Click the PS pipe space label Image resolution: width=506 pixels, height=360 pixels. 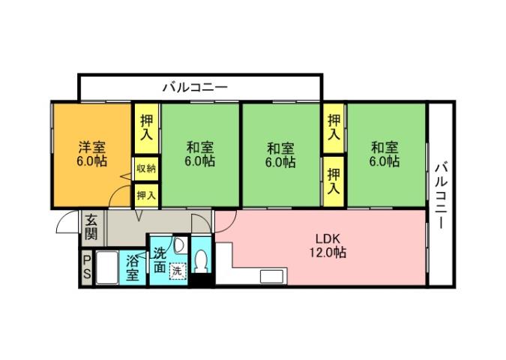click(x=87, y=267)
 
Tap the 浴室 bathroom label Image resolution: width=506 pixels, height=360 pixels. click(x=133, y=268)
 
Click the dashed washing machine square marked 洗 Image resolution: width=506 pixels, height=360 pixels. click(x=177, y=269)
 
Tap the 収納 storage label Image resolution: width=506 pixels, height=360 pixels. click(x=145, y=169)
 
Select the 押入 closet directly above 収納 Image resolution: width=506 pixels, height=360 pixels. click(x=145, y=128)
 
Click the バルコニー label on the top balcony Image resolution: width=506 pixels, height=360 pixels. click(x=195, y=87)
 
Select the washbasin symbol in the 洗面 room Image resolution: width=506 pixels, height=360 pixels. click(x=180, y=245)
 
